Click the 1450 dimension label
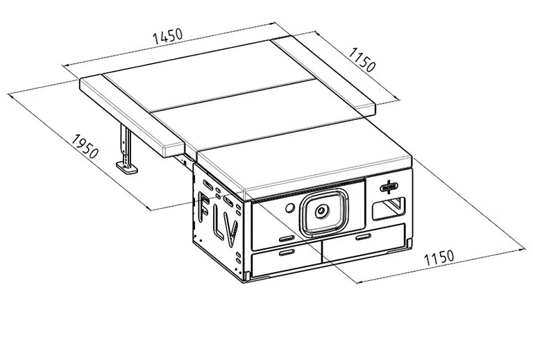(168, 36)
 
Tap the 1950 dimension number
(85, 147)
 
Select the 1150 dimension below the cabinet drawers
(439, 258)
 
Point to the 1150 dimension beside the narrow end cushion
(362, 60)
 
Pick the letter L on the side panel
(220, 223)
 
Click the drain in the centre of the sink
(321, 212)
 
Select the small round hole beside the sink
(290, 208)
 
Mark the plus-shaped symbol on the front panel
(389, 187)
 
